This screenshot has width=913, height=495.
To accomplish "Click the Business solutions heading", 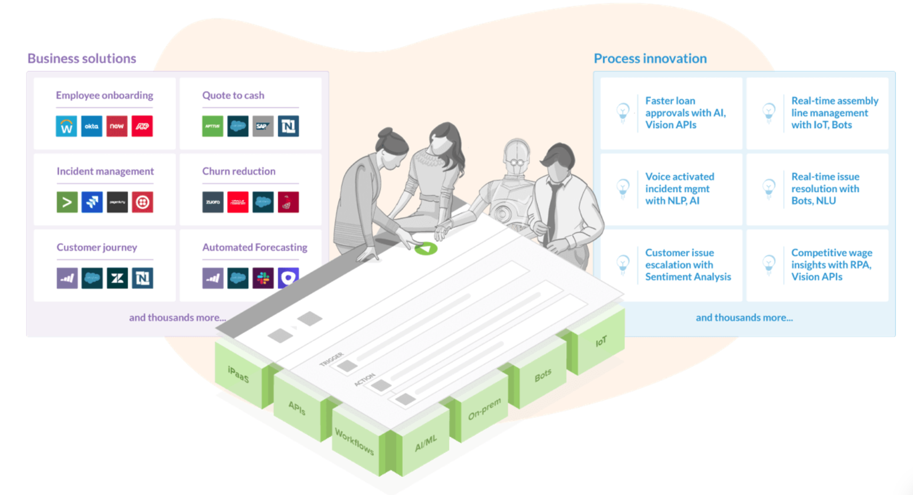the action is (82, 58).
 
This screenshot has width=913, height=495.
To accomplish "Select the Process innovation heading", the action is (650, 58).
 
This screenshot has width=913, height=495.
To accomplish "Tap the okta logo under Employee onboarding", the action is (92, 127).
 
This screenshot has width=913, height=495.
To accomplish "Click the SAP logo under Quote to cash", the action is (263, 127).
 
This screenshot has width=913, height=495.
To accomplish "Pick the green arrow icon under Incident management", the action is (67, 202).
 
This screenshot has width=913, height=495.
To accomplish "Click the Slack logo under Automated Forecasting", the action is (263, 278).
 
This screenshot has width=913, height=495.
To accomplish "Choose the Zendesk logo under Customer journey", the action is (117, 278).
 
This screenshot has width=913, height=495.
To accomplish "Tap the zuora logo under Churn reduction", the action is (213, 202).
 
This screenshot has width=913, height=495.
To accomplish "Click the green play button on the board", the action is (426, 248).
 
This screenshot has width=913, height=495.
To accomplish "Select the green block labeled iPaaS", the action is (238, 374).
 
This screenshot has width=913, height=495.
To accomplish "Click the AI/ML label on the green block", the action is (426, 443).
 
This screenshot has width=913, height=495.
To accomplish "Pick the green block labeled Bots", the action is (543, 375).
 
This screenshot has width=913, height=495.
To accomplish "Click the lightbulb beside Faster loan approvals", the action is (622, 113).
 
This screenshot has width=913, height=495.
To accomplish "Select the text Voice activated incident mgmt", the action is (679, 188).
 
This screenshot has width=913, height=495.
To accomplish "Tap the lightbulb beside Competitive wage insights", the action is (768, 264).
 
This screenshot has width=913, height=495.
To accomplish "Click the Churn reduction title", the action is (238, 171).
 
